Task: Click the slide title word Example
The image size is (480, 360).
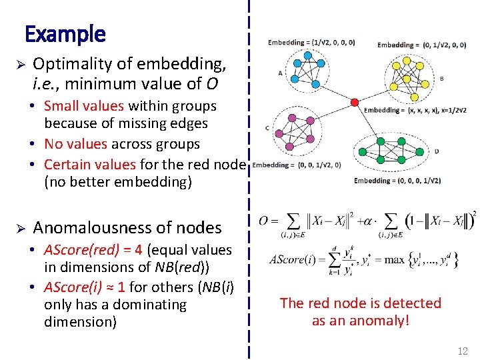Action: (65, 33)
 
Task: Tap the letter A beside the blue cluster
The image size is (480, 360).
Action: (279, 73)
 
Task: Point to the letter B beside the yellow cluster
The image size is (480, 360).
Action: (441, 78)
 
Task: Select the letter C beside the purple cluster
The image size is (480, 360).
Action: (267, 128)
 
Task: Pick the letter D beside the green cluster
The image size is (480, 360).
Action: (436, 151)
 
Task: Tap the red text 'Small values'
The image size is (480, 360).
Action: (84, 106)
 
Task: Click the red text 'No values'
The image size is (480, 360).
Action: (75, 144)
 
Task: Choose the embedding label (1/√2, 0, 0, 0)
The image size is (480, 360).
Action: (311, 43)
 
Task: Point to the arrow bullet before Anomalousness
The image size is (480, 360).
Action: (20, 229)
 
